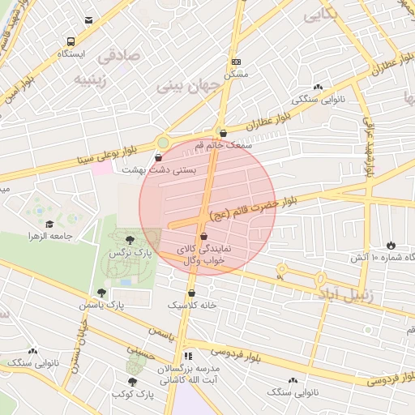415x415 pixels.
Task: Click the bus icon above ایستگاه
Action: tap(71, 41)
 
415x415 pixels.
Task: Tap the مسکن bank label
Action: tap(236, 74)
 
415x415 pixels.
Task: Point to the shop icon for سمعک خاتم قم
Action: tap(224, 133)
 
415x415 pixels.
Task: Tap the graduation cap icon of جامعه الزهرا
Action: tap(49, 224)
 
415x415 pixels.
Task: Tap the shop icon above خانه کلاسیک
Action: tap(192, 293)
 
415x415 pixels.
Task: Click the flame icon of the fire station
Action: tap(391, 244)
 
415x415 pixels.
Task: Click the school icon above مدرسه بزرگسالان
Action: tap(189, 356)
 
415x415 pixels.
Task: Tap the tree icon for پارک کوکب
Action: tap(130, 381)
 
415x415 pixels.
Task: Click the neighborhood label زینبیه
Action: tap(92, 80)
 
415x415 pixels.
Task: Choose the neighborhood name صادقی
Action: tap(118, 57)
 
